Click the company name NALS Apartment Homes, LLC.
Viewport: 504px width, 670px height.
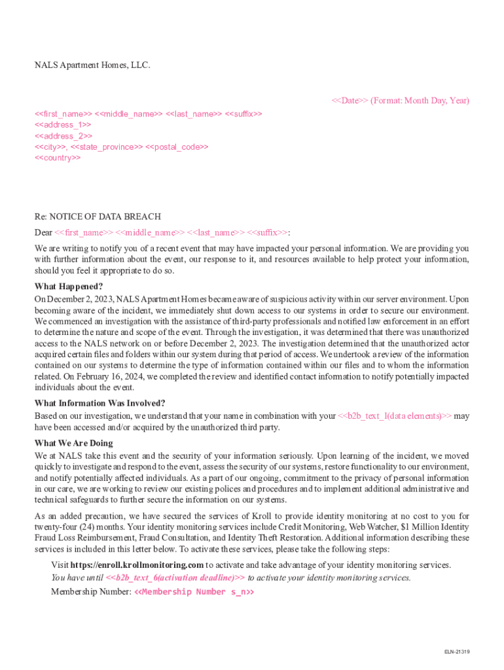pyautogui.click(x=92, y=65)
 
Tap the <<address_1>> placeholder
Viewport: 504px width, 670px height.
pyautogui.click(x=63, y=124)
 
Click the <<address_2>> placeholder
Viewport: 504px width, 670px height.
pyautogui.click(x=63, y=135)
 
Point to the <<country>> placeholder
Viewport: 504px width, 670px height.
pyautogui.click(x=58, y=158)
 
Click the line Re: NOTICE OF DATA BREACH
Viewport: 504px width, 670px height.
pyautogui.click(x=98, y=217)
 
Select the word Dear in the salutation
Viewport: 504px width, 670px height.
pyautogui.click(x=43, y=232)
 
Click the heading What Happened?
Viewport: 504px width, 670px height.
pyautogui.click(x=69, y=287)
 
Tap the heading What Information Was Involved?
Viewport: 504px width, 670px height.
pyautogui.click(x=99, y=403)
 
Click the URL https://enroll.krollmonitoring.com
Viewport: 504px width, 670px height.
pyautogui.click(x=137, y=565)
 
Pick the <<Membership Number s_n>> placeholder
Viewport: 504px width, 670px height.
pyautogui.click(x=194, y=592)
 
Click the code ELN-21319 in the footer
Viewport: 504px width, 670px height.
pyautogui.click(x=458, y=652)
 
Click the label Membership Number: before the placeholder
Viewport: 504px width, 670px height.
pyautogui.click(x=91, y=592)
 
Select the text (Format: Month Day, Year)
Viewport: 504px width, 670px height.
pyautogui.click(x=420, y=101)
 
